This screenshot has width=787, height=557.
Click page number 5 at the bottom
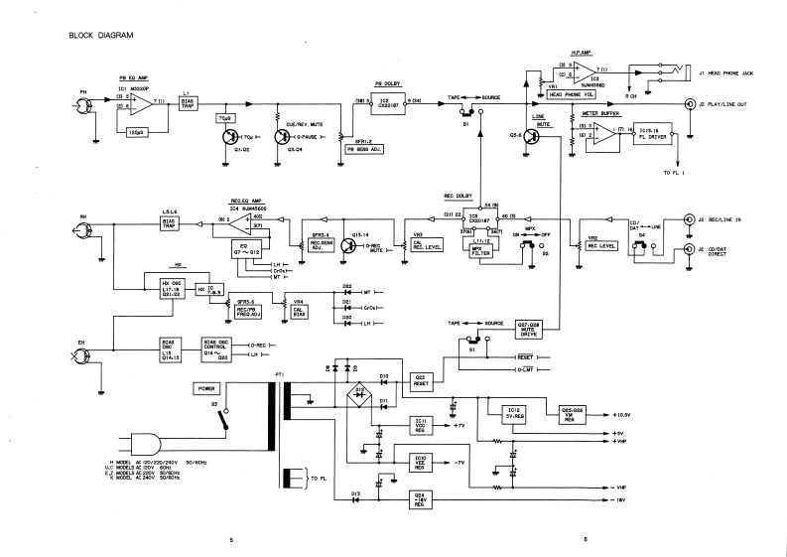(x=230, y=540)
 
